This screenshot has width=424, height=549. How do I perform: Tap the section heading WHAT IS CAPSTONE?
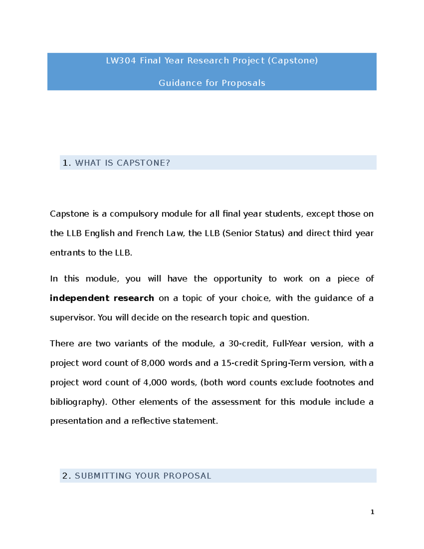[123, 163]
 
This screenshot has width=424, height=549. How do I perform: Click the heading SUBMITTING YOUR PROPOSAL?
[143, 476]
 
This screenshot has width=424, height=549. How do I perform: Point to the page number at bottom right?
[372, 512]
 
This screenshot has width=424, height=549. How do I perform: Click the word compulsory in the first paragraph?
[134, 214]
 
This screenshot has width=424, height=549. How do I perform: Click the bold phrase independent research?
[102, 298]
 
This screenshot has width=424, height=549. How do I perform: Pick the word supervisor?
[72, 318]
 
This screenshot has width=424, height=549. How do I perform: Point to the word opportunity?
[237, 279]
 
